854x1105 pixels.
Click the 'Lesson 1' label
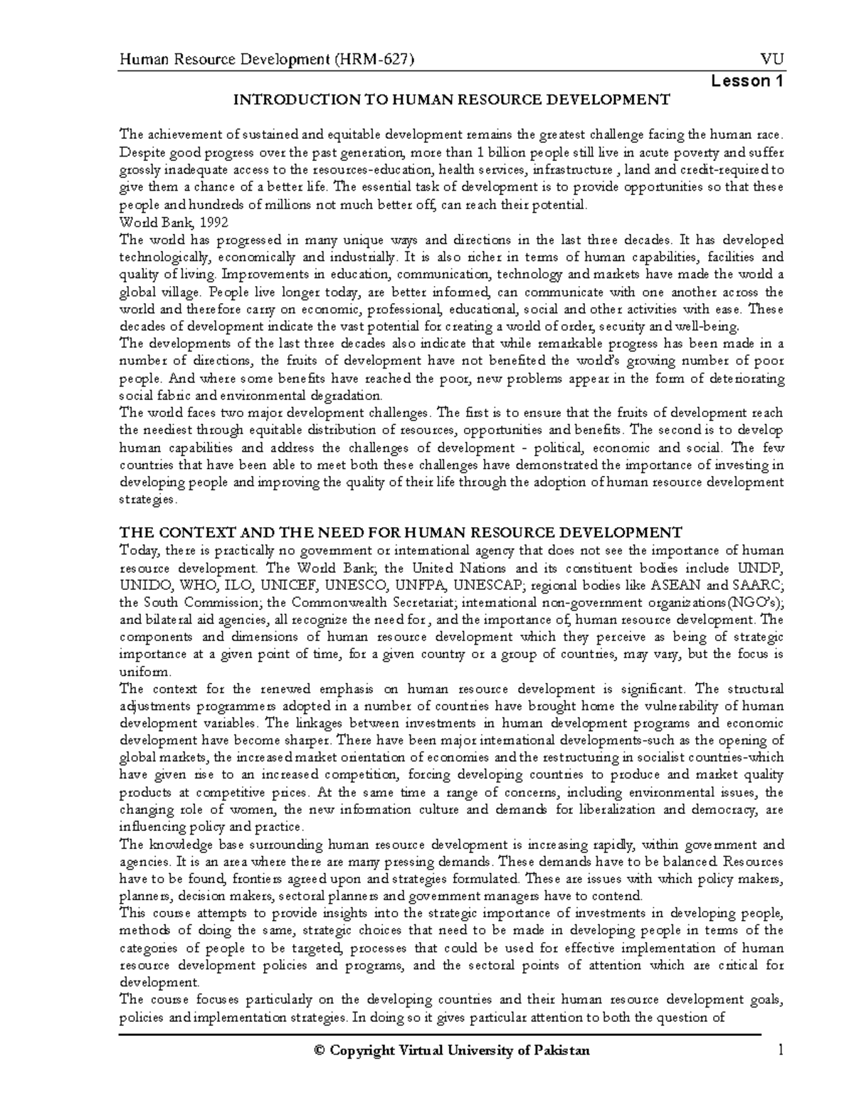click(x=747, y=81)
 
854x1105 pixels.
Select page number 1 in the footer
click(x=781, y=1050)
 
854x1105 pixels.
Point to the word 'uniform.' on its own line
click(x=145, y=671)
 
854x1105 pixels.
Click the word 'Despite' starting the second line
click(x=142, y=152)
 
